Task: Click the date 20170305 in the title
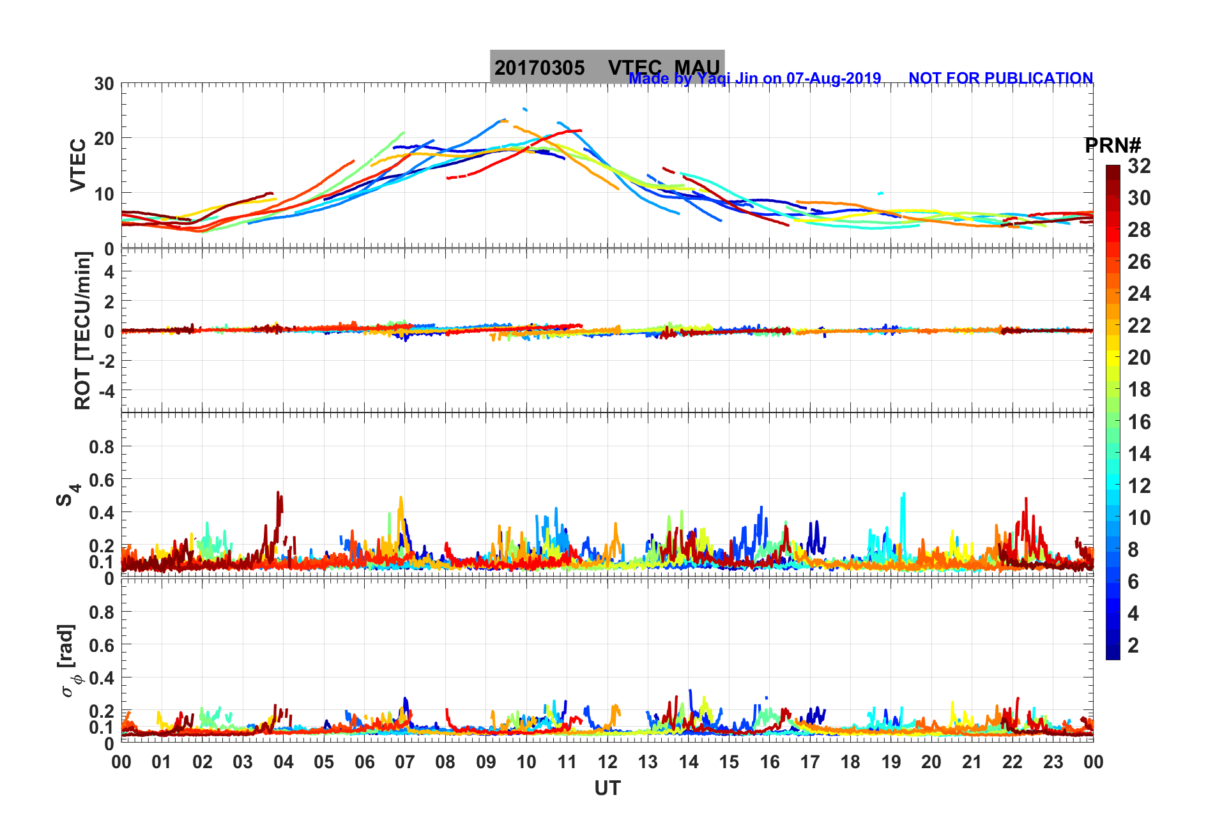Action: (x=539, y=68)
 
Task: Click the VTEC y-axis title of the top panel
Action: (x=78, y=165)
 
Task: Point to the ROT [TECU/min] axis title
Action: (x=83, y=330)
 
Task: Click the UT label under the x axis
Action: (x=607, y=789)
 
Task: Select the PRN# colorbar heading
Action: (x=1112, y=146)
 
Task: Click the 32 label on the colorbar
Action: (x=1139, y=166)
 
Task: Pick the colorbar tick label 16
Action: (x=1139, y=421)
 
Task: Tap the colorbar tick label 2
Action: (x=1133, y=645)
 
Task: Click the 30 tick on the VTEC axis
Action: (x=104, y=84)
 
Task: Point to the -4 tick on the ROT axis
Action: (x=103, y=390)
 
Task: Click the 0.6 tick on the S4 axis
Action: (x=102, y=480)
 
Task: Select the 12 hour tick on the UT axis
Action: (x=607, y=762)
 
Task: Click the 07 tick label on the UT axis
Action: (x=405, y=762)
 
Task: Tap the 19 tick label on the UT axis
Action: (x=891, y=762)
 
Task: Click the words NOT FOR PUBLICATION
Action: (x=1000, y=78)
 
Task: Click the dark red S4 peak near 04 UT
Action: (x=278, y=493)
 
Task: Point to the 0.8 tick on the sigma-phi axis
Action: (x=102, y=612)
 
